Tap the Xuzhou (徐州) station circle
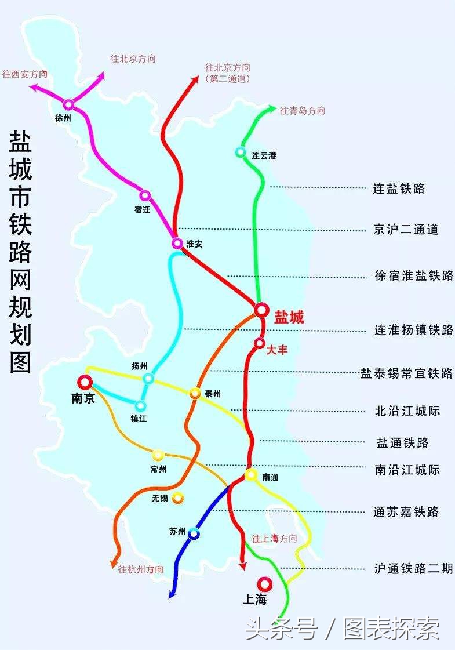pos(69,104)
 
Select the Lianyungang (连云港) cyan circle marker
pos(241,152)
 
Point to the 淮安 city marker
pos(177,243)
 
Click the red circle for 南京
pos(85,382)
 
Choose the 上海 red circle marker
pos(264,583)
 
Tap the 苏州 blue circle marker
pos(194,533)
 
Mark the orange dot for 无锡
pos(177,498)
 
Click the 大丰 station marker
pos(259,343)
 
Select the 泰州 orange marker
pos(195,393)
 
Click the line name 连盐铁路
pos(399,188)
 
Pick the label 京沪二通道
pos(406,230)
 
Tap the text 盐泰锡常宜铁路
pos(406,373)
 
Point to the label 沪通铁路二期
pos(413,569)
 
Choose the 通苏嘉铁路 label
pos(406,512)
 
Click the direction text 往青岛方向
pos(303,111)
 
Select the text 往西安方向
pos(24,74)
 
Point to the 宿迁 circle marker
pos(145,195)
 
